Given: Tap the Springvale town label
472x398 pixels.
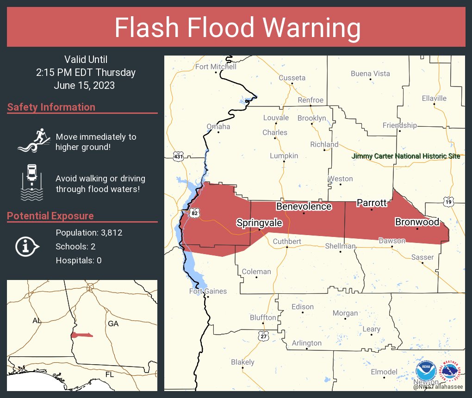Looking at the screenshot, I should click(x=259, y=223).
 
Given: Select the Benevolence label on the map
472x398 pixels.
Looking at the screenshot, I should click(x=304, y=206).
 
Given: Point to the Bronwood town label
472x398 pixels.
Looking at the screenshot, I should click(x=416, y=222).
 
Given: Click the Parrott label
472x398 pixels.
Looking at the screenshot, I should click(x=371, y=203).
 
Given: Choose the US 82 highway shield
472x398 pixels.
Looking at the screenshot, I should click(x=195, y=213).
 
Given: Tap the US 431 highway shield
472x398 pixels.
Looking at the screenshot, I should click(x=178, y=157).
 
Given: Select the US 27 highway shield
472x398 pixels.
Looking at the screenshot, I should click(x=264, y=336).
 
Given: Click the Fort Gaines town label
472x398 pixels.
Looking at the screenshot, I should click(x=208, y=291).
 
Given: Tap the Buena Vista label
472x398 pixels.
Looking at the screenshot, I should click(x=370, y=74).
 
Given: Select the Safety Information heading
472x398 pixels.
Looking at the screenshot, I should click(x=51, y=107).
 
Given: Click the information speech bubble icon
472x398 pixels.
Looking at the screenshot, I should click(x=27, y=246).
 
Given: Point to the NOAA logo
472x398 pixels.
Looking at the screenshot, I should click(x=426, y=371).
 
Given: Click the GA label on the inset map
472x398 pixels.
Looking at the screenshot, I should click(x=113, y=323).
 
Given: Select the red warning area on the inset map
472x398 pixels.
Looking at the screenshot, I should click(x=81, y=335).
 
